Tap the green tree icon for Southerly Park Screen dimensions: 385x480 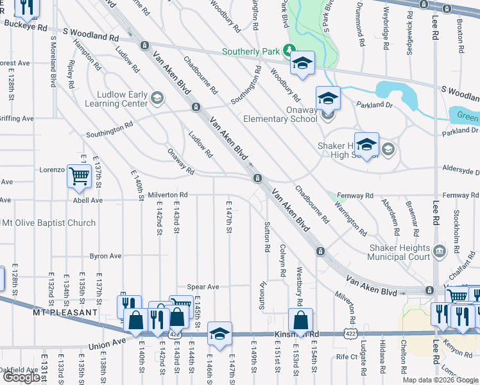(289, 49)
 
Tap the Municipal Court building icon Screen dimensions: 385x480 (440, 250)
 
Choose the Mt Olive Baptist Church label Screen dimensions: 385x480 (49, 223)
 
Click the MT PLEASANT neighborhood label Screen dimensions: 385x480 (65, 312)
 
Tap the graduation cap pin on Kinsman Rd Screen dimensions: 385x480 (219, 334)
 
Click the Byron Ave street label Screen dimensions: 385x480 (106, 256)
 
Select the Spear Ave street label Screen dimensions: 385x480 (203, 287)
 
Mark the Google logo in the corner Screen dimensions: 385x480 (21, 377)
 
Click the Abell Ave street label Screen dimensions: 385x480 (88, 200)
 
